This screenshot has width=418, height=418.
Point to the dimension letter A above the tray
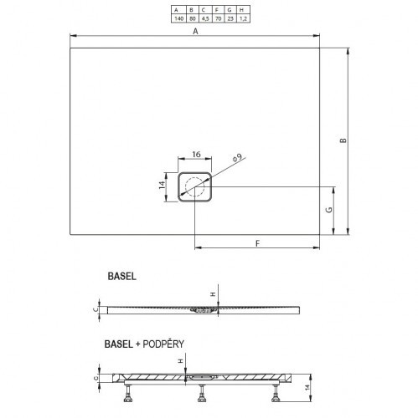pyautogui.click(x=195, y=30)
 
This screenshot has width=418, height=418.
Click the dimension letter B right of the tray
pyautogui.click(x=343, y=140)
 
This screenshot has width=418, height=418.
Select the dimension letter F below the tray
pyautogui.click(x=257, y=242)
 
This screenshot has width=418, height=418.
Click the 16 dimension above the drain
pyautogui.click(x=195, y=154)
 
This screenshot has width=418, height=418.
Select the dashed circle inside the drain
pyautogui.click(x=197, y=187)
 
